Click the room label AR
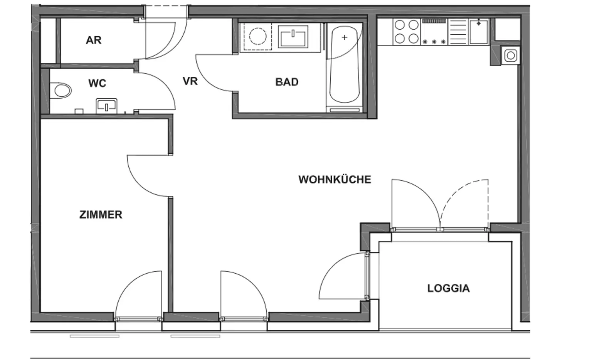(93, 40)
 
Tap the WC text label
(97, 83)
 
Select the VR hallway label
(190, 81)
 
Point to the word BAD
(287, 82)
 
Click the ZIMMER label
(101, 215)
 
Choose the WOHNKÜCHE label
(335, 180)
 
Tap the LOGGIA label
(448, 288)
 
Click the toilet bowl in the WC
(62, 91)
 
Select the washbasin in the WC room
(106, 105)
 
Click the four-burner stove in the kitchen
(407, 32)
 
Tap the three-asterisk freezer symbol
(434, 42)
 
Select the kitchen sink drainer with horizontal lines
(458, 32)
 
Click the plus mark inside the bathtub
(345, 37)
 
